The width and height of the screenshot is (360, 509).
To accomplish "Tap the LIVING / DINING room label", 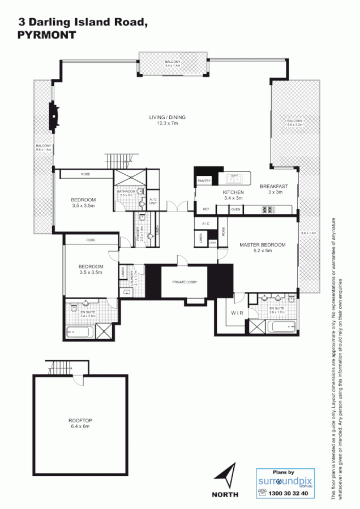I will [167, 118].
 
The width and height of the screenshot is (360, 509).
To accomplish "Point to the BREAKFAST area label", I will [274, 186].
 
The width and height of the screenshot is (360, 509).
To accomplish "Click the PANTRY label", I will [204, 181].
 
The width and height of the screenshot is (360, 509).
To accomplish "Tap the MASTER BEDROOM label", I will [262, 245].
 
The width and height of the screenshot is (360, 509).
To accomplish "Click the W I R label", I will [237, 312].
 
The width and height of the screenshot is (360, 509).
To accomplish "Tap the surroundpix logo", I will [284, 481].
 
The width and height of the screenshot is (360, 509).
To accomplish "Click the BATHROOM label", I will [126, 192].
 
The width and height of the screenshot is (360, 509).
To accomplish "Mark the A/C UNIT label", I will [153, 201].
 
